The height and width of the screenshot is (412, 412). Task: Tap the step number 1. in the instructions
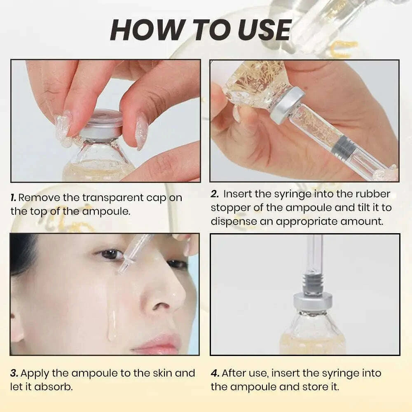(x=14, y=197)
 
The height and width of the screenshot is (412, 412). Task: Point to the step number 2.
(x=215, y=194)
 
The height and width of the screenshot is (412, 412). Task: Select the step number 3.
(x=14, y=373)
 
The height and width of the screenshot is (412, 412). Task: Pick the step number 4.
(x=215, y=373)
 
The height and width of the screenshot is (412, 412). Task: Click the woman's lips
(x=159, y=343)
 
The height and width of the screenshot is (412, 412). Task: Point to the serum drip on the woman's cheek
(x=112, y=325)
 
